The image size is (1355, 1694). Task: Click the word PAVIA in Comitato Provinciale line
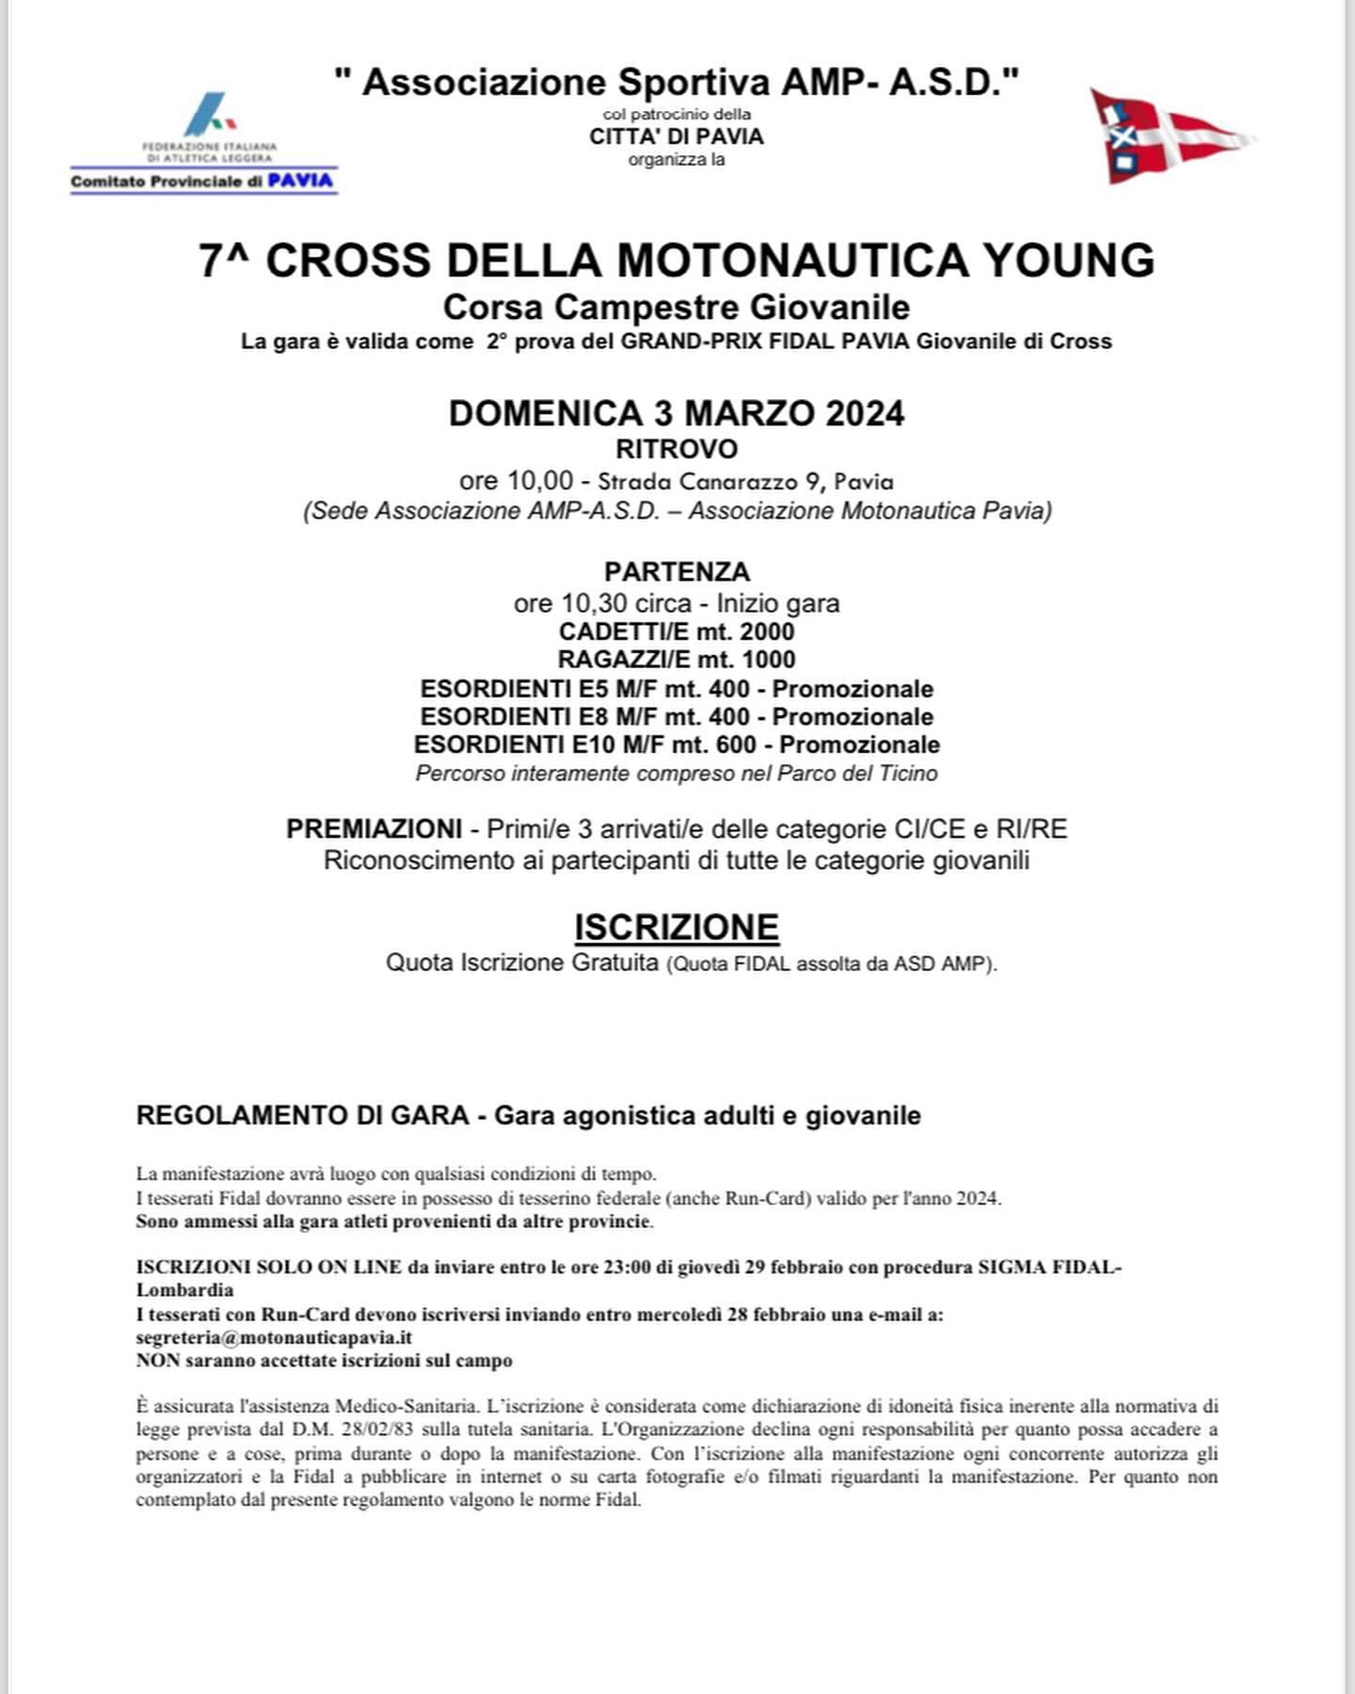[300, 181]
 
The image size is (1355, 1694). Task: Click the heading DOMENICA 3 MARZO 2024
[676, 413]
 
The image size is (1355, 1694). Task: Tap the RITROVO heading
[676, 449]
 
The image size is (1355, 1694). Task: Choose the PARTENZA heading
[677, 572]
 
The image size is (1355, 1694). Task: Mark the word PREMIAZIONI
[374, 829]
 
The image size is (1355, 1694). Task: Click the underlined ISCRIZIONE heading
[677, 927]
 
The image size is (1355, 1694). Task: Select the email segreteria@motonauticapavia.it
[274, 1337]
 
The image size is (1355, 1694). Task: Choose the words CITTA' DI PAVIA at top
[676, 136]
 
